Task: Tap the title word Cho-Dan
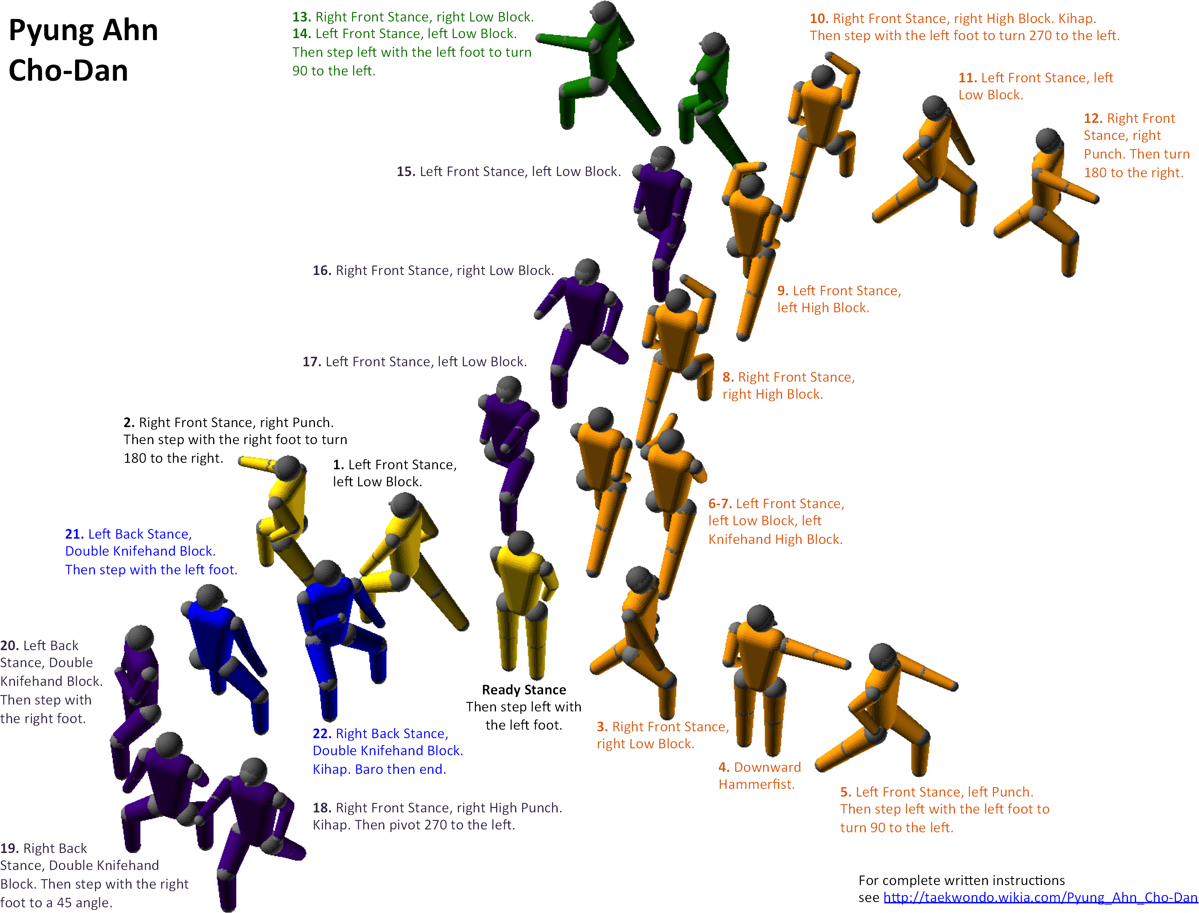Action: click(x=69, y=71)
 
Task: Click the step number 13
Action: click(x=301, y=17)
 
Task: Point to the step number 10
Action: click(x=819, y=19)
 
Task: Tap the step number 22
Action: click(x=322, y=734)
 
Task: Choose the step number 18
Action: click(x=322, y=808)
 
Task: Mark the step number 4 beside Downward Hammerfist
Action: click(x=724, y=767)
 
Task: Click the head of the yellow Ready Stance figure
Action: click(x=520, y=542)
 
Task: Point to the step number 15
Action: click(x=405, y=172)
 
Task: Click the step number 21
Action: click(x=74, y=534)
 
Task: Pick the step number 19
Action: click(x=9, y=849)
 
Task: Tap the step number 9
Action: click(x=783, y=291)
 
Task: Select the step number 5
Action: click(x=845, y=793)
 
